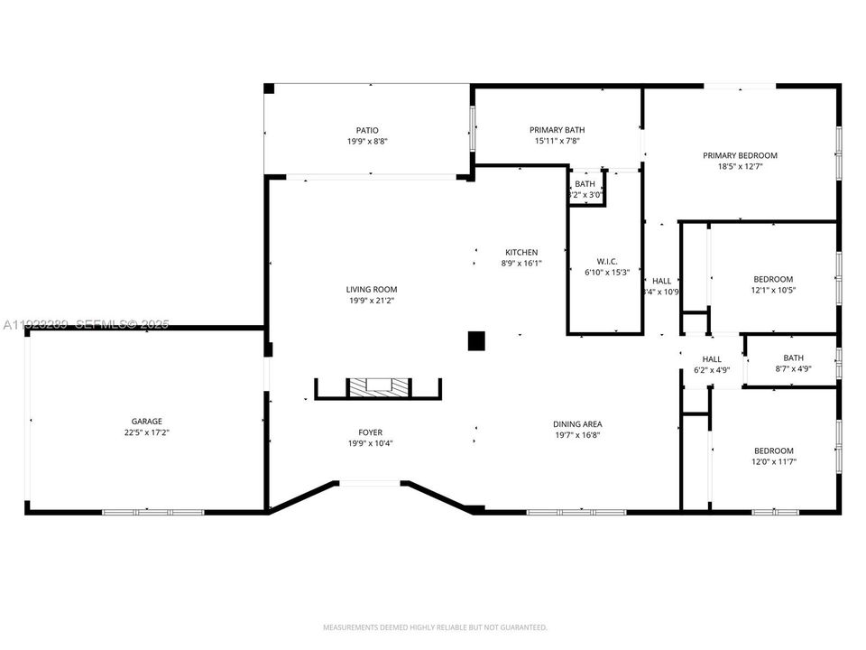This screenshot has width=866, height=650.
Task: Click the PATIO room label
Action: click(366, 130)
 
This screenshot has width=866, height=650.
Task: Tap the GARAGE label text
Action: click(146, 421)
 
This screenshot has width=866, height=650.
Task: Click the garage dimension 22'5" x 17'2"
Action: click(146, 432)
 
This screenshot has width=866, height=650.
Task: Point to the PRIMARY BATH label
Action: click(556, 130)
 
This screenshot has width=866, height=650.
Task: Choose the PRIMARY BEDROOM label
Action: click(740, 155)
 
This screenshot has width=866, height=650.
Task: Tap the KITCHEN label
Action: click(521, 252)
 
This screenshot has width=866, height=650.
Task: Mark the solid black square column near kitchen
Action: click(476, 340)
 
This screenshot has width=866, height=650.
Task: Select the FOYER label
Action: click(371, 432)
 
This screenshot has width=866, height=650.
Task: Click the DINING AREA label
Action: click(577, 424)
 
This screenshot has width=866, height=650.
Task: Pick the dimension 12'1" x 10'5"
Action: click(774, 291)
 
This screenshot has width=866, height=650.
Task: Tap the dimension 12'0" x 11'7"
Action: click(774, 462)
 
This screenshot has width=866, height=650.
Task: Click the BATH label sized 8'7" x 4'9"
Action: click(793, 357)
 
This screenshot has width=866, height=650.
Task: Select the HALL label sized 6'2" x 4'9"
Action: click(713, 359)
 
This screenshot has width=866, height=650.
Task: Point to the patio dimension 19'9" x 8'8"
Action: click(366, 142)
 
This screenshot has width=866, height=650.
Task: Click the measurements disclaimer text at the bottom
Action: click(435, 627)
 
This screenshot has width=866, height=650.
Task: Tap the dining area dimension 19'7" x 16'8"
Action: click(577, 436)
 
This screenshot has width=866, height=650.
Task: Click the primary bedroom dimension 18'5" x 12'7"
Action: click(740, 167)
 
